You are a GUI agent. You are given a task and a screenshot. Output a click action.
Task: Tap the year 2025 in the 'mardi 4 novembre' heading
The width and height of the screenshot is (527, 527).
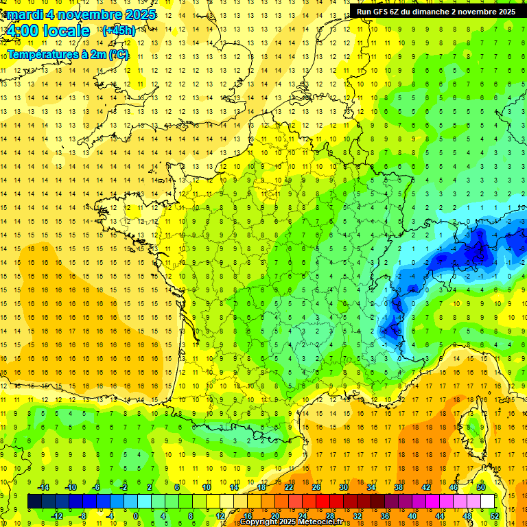(x=141, y=14)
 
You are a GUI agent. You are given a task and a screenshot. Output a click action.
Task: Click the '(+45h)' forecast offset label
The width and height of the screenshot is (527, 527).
(x=119, y=31)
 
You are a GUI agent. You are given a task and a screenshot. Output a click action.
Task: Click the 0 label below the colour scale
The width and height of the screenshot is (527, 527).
(x=136, y=516)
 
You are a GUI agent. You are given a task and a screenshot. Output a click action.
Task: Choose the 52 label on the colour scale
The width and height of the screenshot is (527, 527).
(x=494, y=516)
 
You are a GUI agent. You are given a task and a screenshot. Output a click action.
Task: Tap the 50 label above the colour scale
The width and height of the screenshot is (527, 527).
(x=480, y=487)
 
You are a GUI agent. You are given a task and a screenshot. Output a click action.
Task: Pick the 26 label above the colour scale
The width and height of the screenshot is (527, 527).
(x=316, y=487)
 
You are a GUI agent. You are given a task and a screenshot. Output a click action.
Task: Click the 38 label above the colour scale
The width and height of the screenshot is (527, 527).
(x=398, y=487)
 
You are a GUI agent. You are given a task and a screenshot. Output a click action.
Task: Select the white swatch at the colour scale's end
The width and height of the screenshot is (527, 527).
(x=488, y=502)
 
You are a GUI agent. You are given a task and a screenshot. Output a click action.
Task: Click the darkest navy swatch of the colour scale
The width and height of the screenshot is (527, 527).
(x=34, y=502)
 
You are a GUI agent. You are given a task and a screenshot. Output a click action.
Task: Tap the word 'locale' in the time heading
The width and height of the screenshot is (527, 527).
(x=65, y=31)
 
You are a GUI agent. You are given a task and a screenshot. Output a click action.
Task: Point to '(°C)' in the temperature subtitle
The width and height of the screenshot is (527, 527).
(x=118, y=54)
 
